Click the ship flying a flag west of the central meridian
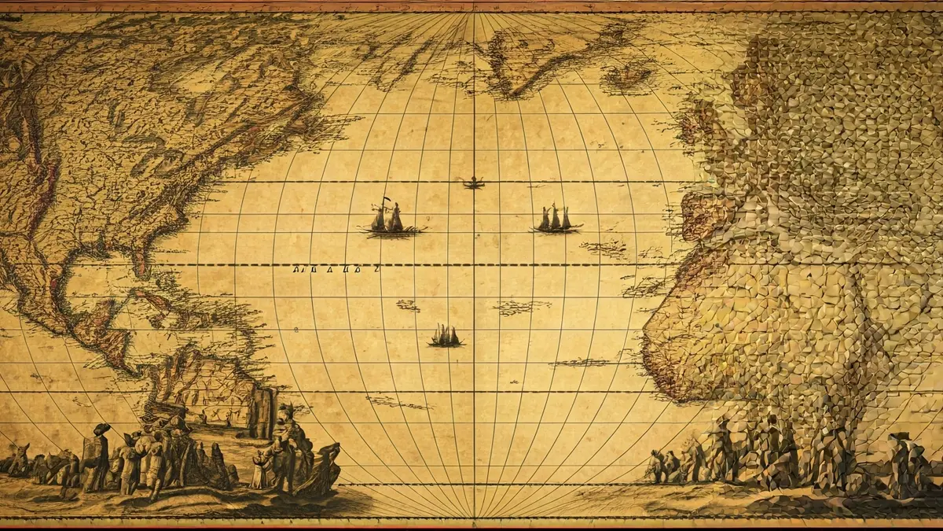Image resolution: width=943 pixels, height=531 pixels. (x=391, y=219)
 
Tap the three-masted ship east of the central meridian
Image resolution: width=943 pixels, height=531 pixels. (x=556, y=219)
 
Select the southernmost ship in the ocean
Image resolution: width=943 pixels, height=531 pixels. (x=446, y=337)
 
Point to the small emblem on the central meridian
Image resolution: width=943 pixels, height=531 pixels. (x=473, y=184)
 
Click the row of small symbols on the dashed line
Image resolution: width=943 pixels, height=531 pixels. (x=336, y=269)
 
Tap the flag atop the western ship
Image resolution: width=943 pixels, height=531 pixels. (x=385, y=201)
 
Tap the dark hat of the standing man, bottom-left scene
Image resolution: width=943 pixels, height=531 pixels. (x=101, y=430)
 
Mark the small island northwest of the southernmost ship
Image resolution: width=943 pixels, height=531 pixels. (x=408, y=305)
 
